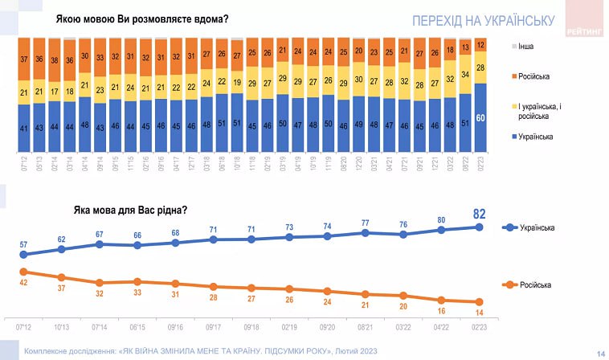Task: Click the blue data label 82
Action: pyautogui.click(x=480, y=214)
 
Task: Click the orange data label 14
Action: pyautogui.click(x=480, y=311)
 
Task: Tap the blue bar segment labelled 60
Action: pyautogui.click(x=480, y=117)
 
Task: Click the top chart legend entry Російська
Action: pyautogui.click(x=533, y=76)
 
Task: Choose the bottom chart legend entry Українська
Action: pyautogui.click(x=548, y=228)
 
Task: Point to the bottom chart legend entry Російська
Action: pyautogui.click(x=546, y=285)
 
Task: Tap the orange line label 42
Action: pyautogui.click(x=23, y=282)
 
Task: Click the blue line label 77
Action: pyautogui.click(x=365, y=223)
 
